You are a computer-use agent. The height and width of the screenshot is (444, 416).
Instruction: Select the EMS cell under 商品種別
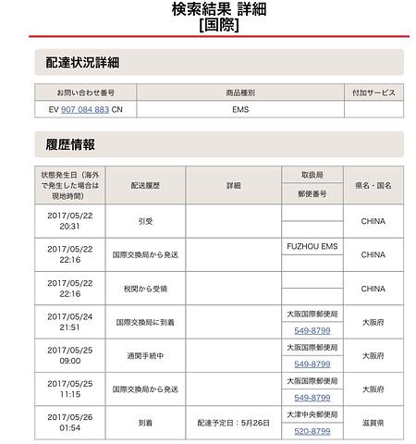pos(239,108)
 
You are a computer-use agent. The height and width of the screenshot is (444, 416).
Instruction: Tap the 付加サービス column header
pos(373,92)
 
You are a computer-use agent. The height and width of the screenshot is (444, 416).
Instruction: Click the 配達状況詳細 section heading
pos(82,62)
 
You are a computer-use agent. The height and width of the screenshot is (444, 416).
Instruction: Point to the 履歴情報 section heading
pos(70,144)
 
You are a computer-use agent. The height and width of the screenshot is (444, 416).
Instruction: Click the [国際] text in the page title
pos(218,26)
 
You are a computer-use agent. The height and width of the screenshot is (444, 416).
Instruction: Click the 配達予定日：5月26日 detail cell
pos(233,423)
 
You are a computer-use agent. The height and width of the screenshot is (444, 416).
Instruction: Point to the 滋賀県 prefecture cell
pos(373,423)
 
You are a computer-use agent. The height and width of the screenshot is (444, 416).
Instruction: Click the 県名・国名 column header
pos(373,185)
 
